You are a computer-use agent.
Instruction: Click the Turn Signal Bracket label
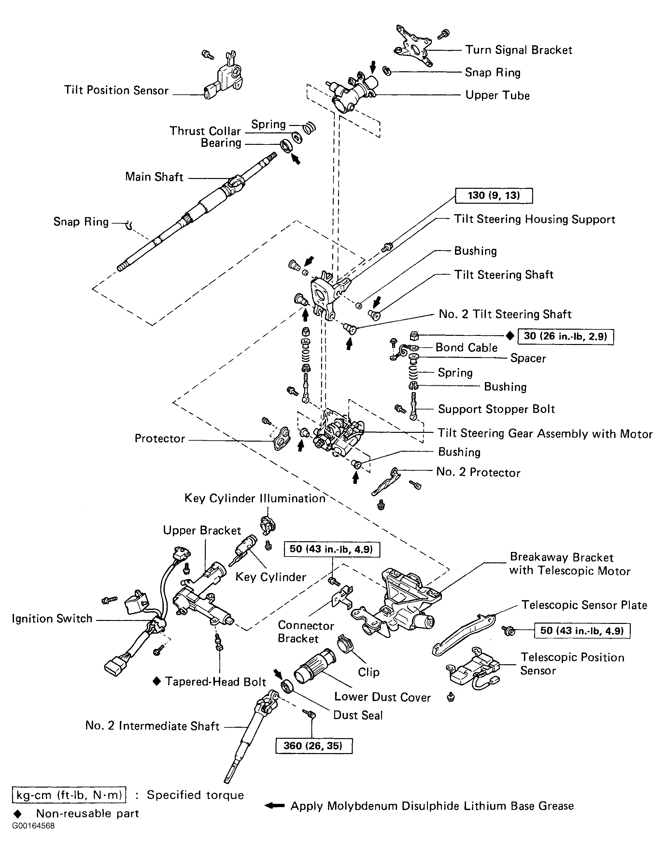coord(518,50)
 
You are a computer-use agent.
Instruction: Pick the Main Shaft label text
coord(154,177)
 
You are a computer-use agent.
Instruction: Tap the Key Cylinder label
coord(271,577)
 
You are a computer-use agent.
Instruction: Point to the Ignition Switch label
coord(52,619)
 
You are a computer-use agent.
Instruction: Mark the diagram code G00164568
coord(33,826)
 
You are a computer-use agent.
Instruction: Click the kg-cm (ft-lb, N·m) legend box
coord(69,795)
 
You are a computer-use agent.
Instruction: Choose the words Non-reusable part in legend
coord(88,813)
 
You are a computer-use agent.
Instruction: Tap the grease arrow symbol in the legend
coord(274,806)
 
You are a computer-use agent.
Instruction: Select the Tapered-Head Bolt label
coord(215,681)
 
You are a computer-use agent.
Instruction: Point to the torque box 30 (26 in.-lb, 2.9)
coord(565,336)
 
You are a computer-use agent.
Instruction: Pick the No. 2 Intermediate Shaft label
coord(152,726)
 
